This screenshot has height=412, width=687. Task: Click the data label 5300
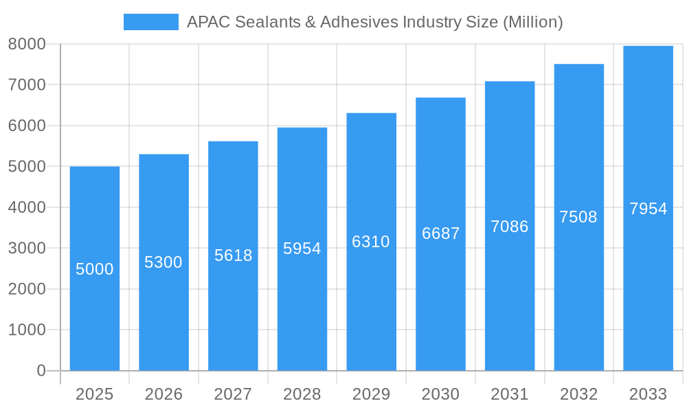164,262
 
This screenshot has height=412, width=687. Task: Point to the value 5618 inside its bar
233,255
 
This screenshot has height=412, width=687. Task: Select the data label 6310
371,242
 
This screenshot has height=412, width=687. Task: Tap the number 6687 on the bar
440,233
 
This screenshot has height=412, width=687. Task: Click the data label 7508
578,217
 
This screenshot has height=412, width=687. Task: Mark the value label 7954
648,209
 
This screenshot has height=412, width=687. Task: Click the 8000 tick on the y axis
27,44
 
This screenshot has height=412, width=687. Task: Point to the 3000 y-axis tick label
27,248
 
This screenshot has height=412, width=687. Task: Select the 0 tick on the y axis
41,371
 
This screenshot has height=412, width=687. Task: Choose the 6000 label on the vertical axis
27,126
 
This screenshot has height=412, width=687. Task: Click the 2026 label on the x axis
164,394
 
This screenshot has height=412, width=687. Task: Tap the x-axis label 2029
371,394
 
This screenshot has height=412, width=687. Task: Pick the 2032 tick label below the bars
578,394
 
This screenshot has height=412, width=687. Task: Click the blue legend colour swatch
150,22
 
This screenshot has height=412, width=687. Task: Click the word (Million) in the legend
532,22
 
